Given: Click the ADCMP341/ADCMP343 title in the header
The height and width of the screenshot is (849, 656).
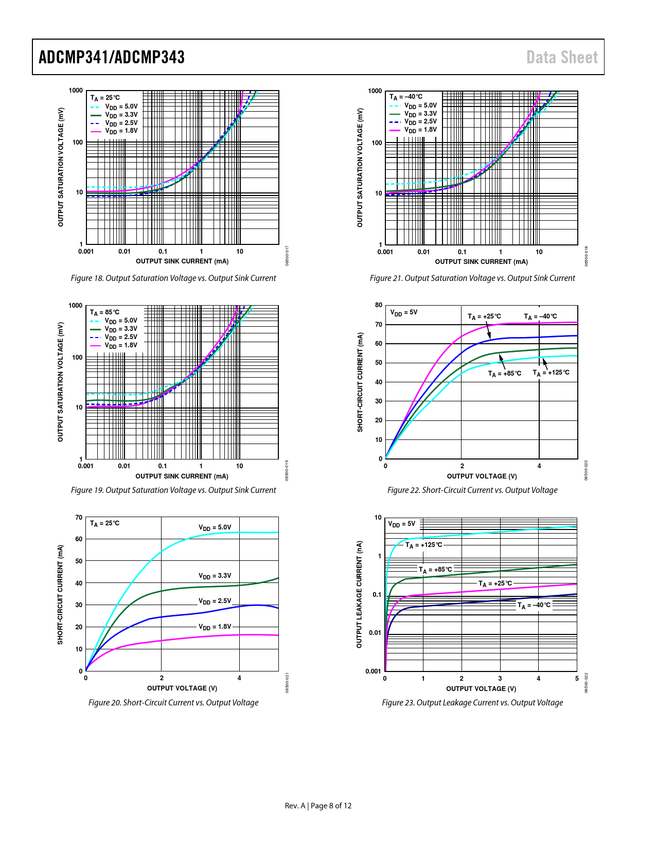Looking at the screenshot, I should tap(112, 57).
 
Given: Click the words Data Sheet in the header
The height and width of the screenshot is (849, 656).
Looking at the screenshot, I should tap(562, 57).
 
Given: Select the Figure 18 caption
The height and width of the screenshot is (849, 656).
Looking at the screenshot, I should tap(173, 278).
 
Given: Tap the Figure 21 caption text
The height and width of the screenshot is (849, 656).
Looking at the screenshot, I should tap(472, 278).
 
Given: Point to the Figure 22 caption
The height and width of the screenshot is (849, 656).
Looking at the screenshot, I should tap(472, 490).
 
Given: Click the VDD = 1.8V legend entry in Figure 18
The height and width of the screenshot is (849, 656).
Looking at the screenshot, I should tap(121, 131).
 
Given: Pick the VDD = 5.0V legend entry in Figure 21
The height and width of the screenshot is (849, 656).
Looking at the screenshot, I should tap(420, 105).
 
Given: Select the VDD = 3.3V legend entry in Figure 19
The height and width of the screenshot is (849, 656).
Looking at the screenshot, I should tap(121, 329).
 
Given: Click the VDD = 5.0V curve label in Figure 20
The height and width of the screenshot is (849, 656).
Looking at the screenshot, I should tap(215, 527).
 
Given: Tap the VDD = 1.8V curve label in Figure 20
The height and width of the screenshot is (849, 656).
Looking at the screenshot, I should tap(215, 627).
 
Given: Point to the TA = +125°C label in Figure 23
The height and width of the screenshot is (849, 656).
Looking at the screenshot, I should tap(423, 545).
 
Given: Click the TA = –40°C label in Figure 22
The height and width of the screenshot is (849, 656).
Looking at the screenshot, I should tap(540, 317).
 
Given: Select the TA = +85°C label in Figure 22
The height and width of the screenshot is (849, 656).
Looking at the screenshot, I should tap(504, 374).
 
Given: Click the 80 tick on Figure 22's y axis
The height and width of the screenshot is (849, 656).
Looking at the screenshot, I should tap(379, 305).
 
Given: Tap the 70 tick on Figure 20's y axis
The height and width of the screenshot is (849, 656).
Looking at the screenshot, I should tap(79, 518).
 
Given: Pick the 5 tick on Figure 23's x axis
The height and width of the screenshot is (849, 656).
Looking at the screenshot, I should tap(577, 679).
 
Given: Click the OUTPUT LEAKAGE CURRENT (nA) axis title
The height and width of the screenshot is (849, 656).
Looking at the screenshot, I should tap(360, 594).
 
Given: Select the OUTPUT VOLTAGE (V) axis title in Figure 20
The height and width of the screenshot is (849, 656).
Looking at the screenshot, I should tap(182, 688).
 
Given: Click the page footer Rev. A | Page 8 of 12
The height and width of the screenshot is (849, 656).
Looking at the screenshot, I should tap(318, 806).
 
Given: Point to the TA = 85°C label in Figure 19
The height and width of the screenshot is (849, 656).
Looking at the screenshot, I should tap(104, 312).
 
